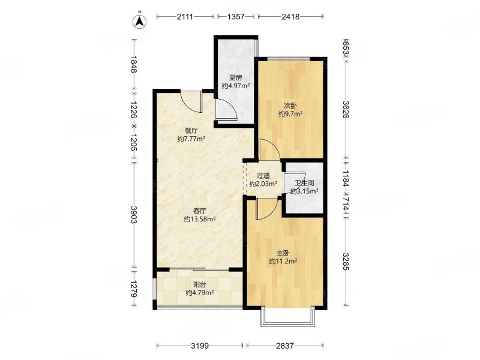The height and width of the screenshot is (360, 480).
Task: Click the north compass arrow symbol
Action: pyautogui.click(x=139, y=20)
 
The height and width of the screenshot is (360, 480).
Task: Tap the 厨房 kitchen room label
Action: pyautogui.click(x=235, y=78)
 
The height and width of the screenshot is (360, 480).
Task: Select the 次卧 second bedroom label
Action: pyautogui.click(x=290, y=106)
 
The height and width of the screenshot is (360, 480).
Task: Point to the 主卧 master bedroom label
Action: pyautogui.click(x=283, y=253)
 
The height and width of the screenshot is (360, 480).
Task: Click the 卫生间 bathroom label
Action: pyautogui.click(x=304, y=184)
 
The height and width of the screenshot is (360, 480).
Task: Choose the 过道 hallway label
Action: pyautogui.click(x=263, y=176)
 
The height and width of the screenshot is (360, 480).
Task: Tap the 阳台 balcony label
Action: pyautogui.click(x=200, y=284)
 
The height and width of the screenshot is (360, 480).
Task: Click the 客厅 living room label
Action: pyautogui.click(x=200, y=211)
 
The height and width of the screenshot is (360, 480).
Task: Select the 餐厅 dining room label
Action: pyautogui.click(x=191, y=131)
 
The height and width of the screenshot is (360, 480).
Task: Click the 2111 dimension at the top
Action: pyautogui.click(x=185, y=17)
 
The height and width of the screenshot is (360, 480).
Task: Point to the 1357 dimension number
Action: pyautogui.click(x=236, y=17)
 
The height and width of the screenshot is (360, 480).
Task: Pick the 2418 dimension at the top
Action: pyautogui.click(x=290, y=17)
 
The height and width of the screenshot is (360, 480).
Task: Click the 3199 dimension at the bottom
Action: pyautogui.click(x=200, y=346)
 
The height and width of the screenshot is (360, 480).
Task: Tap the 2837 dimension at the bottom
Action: pyautogui.click(x=284, y=346)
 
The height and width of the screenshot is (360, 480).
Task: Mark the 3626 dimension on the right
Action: pyautogui.click(x=346, y=109)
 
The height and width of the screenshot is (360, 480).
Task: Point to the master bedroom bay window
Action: pyautogui.click(x=288, y=317)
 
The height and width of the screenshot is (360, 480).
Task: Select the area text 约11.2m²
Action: pyautogui.click(x=283, y=262)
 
